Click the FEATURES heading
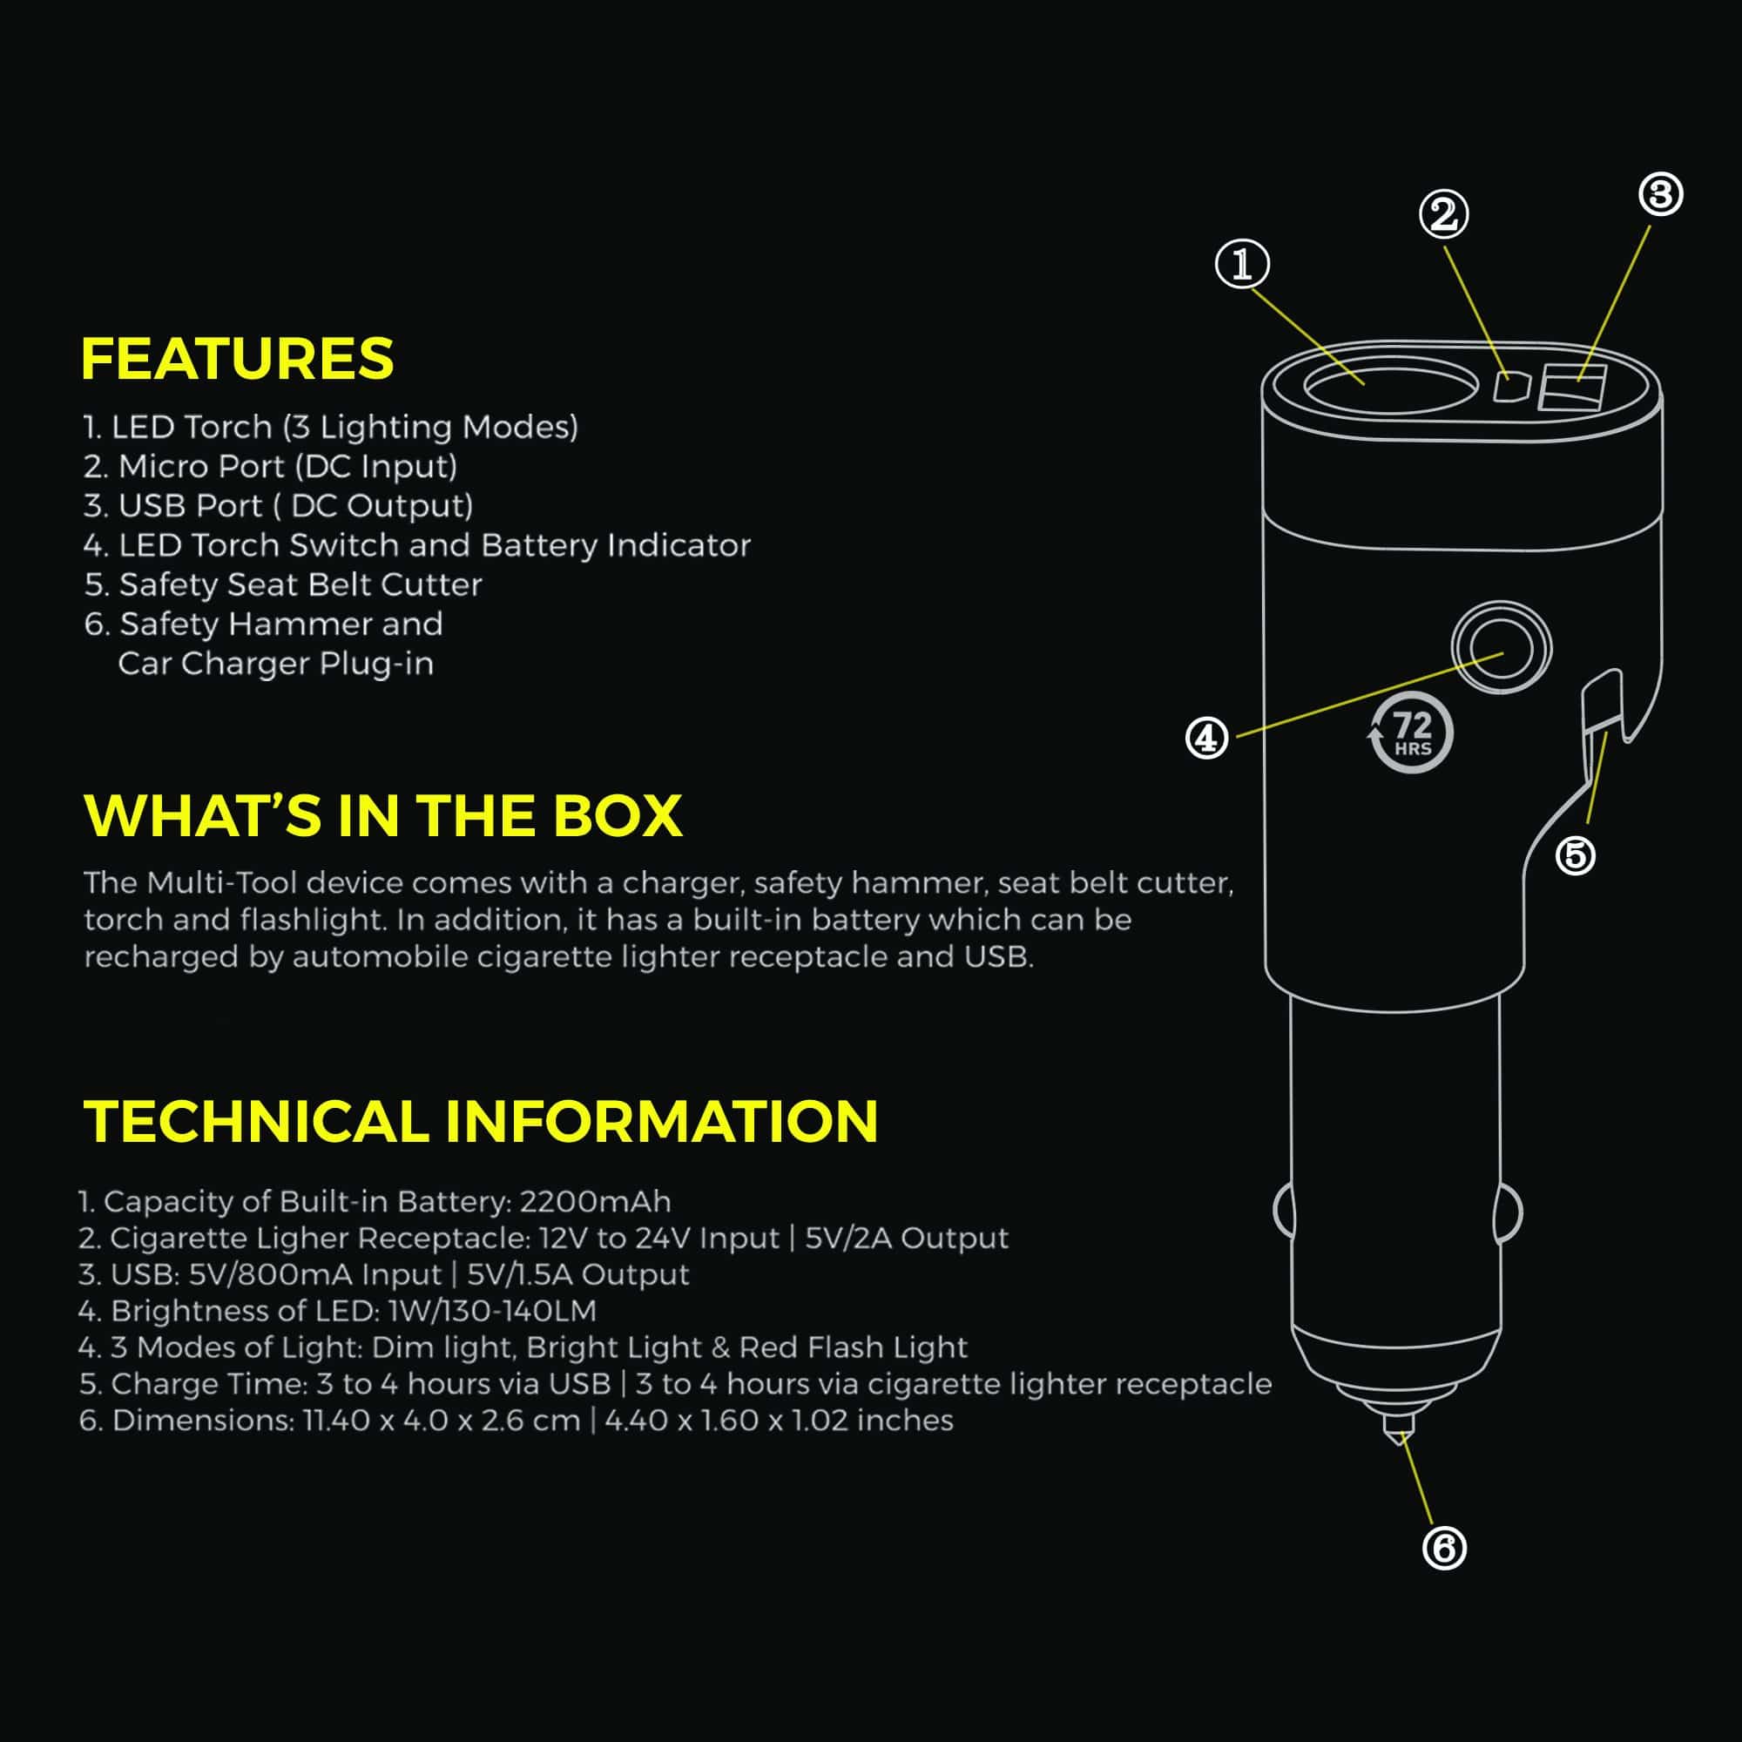[237, 359]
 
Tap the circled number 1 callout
[1243, 265]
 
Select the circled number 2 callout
[1443, 214]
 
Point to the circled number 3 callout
[1661, 195]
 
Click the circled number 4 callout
[1206, 739]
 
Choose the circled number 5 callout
[1575, 854]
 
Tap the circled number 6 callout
[1443, 1548]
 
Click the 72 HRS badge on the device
[1412, 733]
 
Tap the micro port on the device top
[1512, 388]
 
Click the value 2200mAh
[595, 1202]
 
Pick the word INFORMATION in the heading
[661, 1122]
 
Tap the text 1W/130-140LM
[491, 1310]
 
